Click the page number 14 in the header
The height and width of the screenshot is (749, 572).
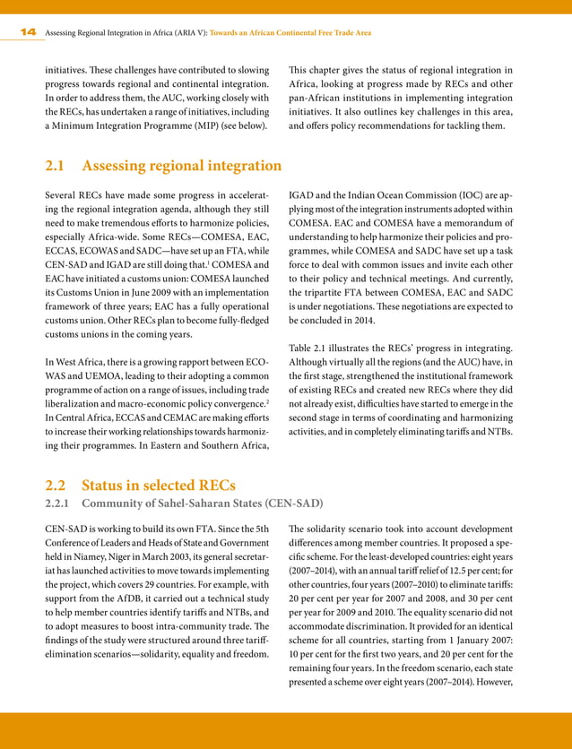(28, 32)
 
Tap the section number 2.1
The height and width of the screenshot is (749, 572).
(59, 166)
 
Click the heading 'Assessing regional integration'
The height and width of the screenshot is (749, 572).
(181, 166)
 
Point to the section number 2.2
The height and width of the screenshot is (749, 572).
(59, 486)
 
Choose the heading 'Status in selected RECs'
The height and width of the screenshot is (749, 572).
(158, 486)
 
